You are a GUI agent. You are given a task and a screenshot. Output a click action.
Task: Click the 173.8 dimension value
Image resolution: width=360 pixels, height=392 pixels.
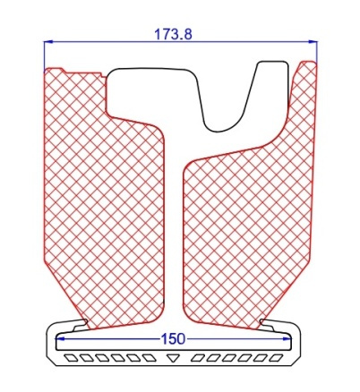click(x=173, y=35)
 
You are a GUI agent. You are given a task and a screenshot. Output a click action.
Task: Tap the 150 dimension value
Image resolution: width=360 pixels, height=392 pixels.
click(x=173, y=339)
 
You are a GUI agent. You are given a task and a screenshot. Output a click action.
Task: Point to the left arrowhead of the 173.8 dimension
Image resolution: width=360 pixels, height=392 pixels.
click(x=48, y=42)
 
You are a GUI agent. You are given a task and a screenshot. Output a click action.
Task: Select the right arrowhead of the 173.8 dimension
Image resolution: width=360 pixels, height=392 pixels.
click(x=313, y=42)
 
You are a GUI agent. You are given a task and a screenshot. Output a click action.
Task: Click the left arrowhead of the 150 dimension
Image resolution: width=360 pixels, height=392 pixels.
click(x=61, y=338)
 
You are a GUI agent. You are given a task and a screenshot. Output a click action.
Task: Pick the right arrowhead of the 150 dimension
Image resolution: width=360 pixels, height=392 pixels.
click(x=287, y=338)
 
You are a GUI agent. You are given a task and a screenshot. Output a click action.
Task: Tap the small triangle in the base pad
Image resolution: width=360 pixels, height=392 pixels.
click(x=172, y=358)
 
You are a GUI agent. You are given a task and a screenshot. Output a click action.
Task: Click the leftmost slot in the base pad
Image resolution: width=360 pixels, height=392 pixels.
click(x=72, y=358)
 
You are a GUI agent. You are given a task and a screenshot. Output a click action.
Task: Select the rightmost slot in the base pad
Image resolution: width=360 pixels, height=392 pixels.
click(x=276, y=358)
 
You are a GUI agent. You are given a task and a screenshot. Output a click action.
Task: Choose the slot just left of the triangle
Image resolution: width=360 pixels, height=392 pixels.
click(x=149, y=358)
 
